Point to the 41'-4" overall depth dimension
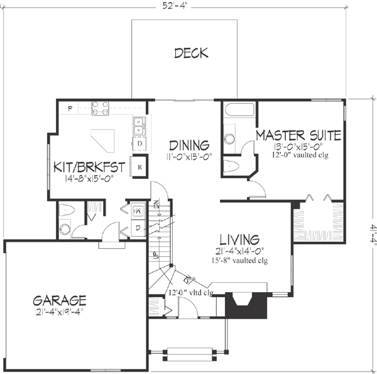(371, 234)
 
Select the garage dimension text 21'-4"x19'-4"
(60, 311)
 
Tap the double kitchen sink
(139, 126)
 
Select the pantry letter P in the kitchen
(70, 109)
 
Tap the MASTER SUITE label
(298, 135)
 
